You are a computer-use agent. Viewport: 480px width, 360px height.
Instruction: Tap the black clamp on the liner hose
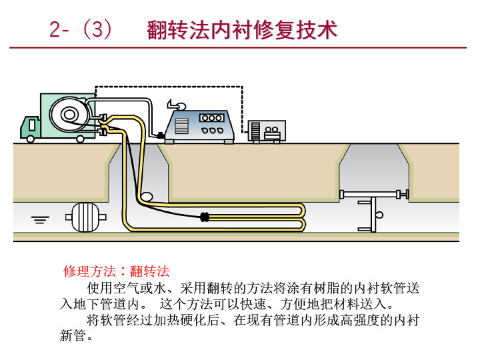205,217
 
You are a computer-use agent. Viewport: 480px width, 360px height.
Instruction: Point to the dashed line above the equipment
173,87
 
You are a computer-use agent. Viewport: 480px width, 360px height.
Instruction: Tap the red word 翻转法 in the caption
150,271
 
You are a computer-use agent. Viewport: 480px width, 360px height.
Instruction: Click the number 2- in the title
61,31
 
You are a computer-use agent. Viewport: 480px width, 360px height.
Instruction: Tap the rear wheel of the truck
80,139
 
